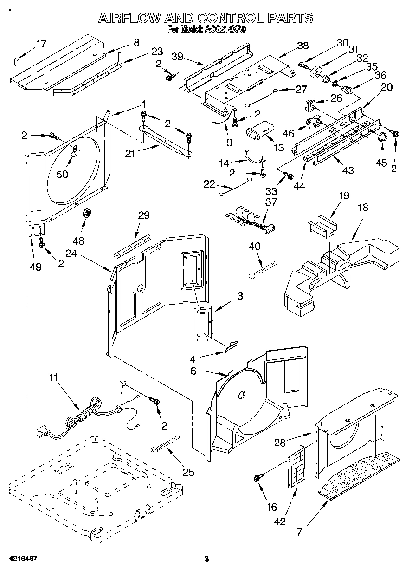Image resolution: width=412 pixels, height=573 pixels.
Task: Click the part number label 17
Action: coord(41,44)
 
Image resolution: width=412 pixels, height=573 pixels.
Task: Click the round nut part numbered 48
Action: coord(86,214)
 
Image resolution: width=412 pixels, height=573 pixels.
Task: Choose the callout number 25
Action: coord(188,473)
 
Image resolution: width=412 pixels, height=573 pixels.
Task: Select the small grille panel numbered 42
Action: coord(297,467)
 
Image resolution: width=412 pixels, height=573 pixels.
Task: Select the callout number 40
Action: coord(254,246)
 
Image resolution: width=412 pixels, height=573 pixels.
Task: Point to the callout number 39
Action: coord(177,56)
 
